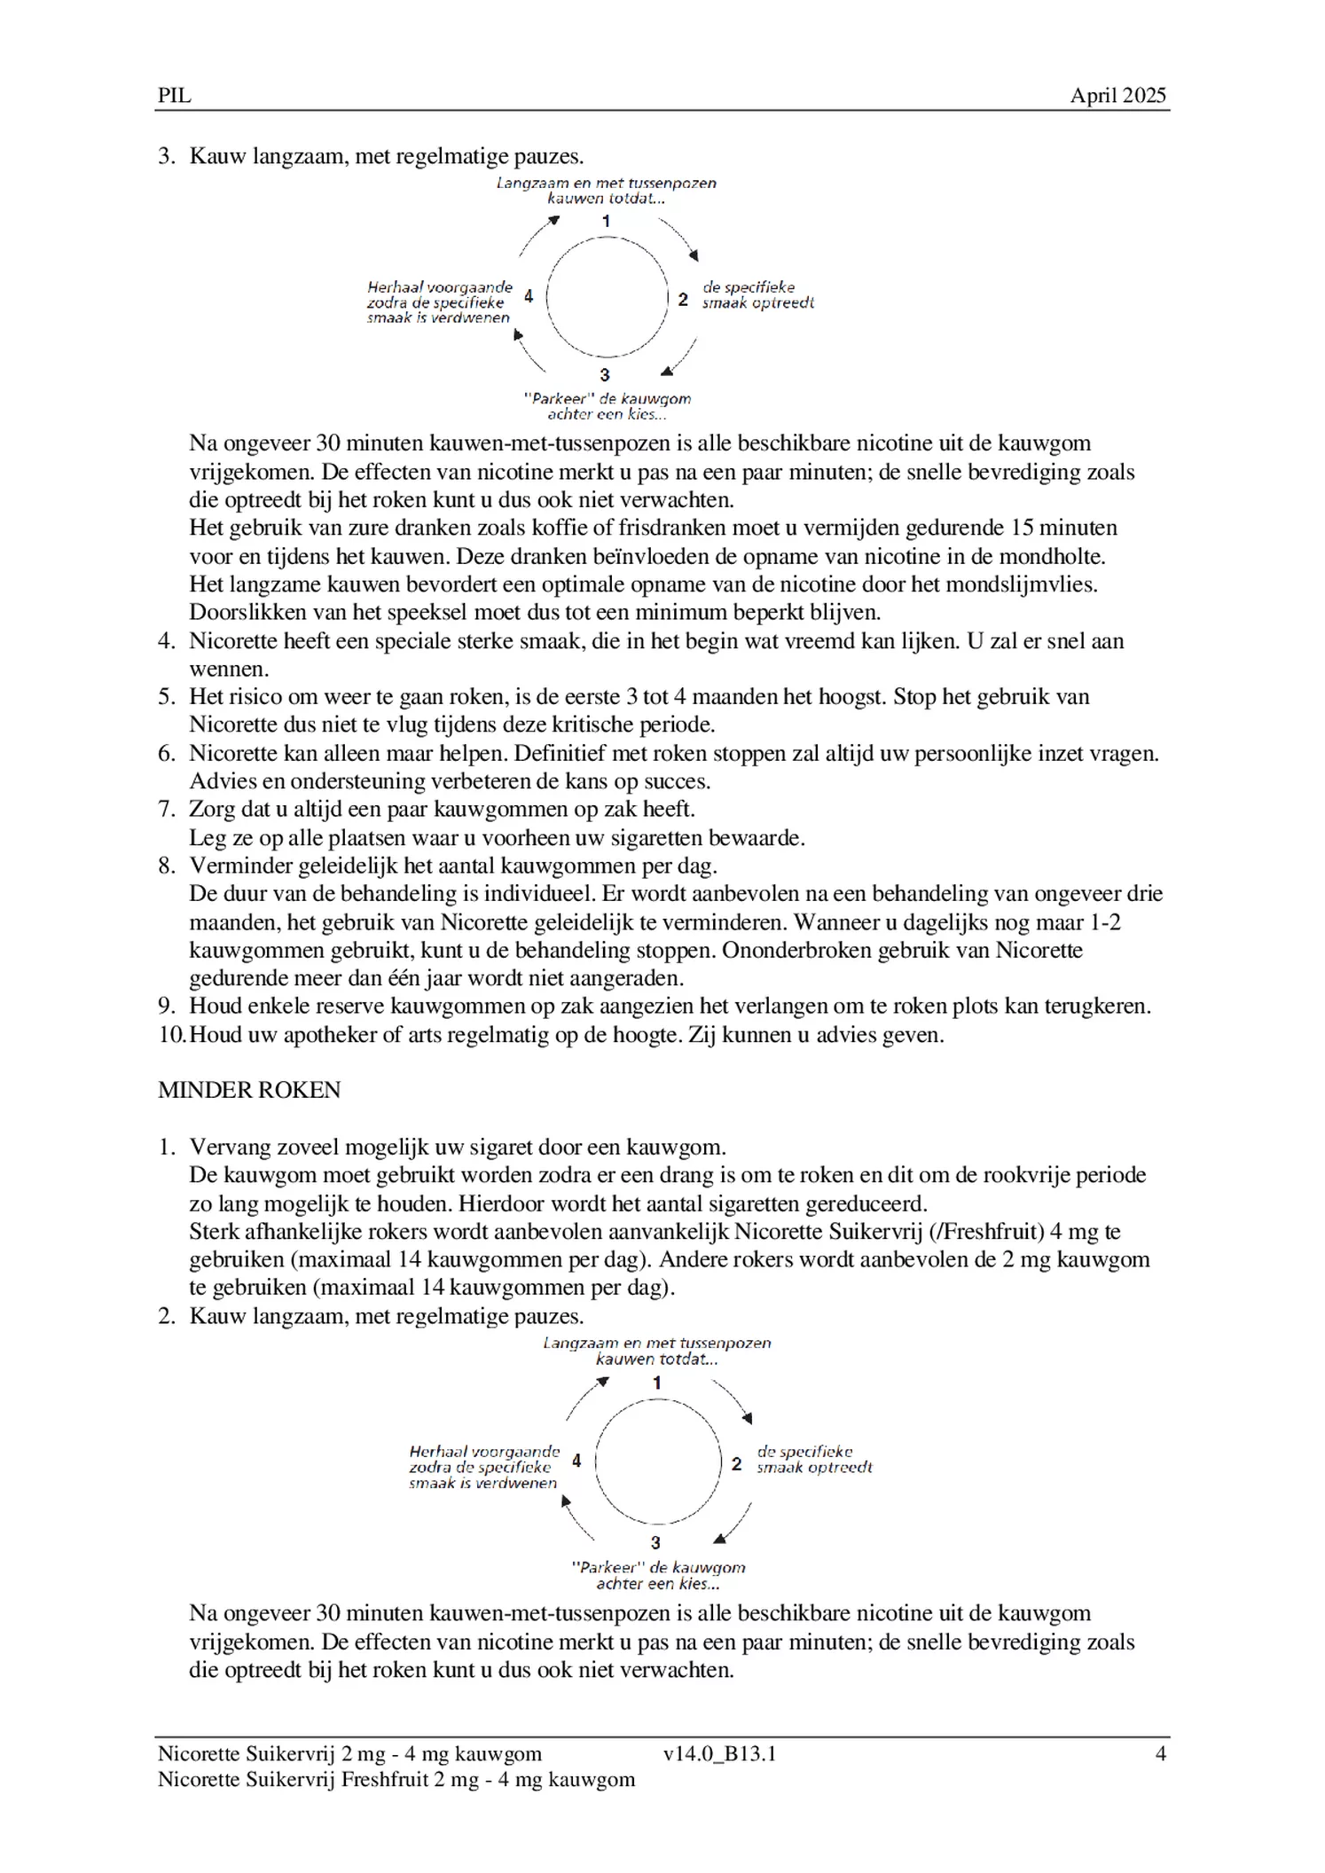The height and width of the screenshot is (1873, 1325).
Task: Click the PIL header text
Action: (x=174, y=96)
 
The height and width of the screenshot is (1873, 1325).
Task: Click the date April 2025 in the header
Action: (x=1117, y=96)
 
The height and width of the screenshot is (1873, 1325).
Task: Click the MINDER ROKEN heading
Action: (x=249, y=1090)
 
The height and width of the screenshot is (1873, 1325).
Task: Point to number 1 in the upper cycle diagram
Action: (x=606, y=221)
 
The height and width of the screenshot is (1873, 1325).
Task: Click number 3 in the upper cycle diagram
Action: (x=605, y=374)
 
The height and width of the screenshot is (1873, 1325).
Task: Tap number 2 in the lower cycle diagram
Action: (x=735, y=1464)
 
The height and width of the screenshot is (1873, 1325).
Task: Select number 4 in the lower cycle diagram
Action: (x=576, y=1461)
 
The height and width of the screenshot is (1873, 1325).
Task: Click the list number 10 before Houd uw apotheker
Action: (x=172, y=1035)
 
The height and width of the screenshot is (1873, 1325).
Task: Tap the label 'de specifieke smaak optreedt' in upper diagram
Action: (x=757, y=295)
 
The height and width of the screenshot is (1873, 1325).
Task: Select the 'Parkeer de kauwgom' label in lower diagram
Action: (x=657, y=1576)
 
